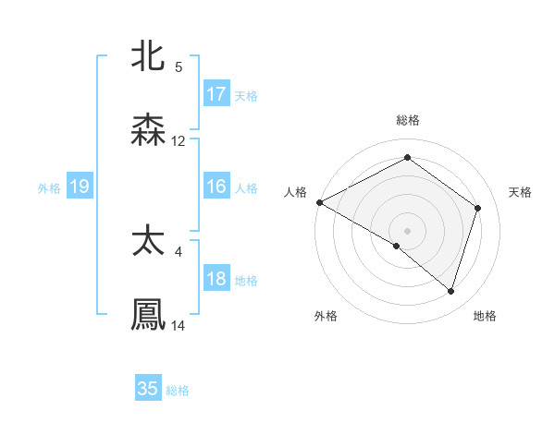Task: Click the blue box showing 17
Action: [216, 94]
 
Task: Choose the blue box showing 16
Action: [216, 187]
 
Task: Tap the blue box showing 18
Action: [216, 280]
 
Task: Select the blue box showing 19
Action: [80, 187]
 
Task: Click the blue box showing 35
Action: [148, 389]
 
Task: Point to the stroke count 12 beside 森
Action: [179, 141]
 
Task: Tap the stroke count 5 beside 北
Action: [179, 66]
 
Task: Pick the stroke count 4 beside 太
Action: [179, 250]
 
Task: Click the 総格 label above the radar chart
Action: [408, 120]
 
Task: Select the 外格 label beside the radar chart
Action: [326, 316]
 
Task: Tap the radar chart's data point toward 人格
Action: [319, 202]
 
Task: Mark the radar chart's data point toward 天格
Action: [478, 208]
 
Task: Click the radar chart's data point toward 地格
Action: [450, 291]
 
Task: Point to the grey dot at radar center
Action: [407, 230]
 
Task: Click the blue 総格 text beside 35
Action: [178, 391]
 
